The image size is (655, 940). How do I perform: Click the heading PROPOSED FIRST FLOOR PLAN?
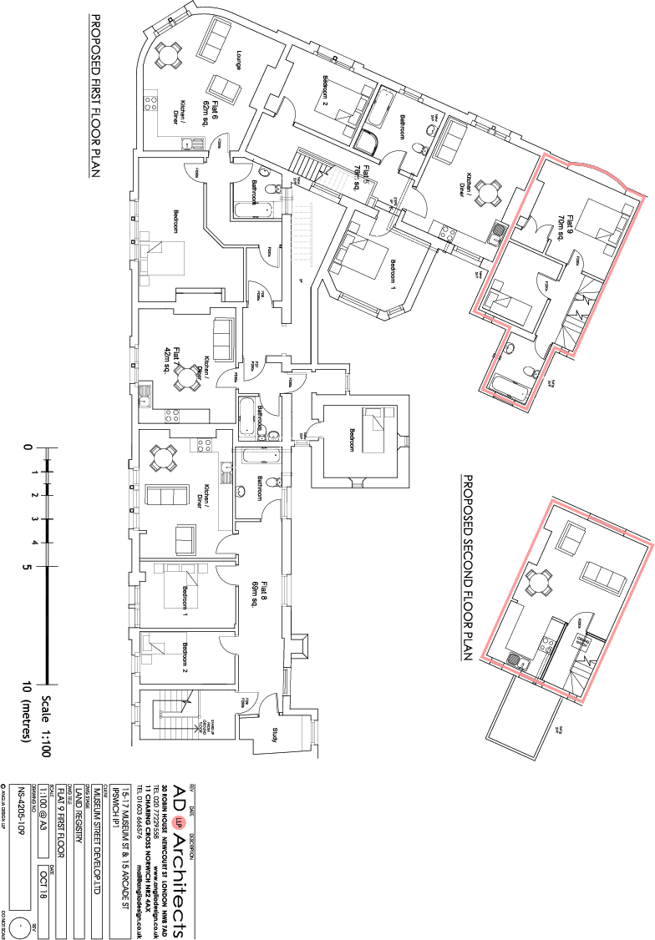pyautogui.click(x=95, y=96)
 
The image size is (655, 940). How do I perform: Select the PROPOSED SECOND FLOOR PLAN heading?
pyautogui.click(x=467, y=569)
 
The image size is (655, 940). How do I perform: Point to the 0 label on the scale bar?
pyautogui.click(x=29, y=448)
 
